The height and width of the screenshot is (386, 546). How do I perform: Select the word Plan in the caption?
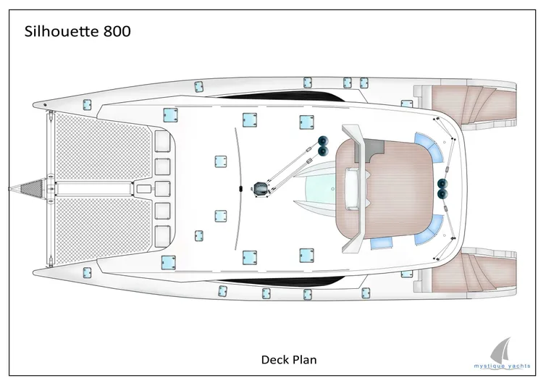303,358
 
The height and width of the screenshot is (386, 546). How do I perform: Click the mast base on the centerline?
259,189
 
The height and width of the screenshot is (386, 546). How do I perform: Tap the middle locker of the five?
162,189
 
